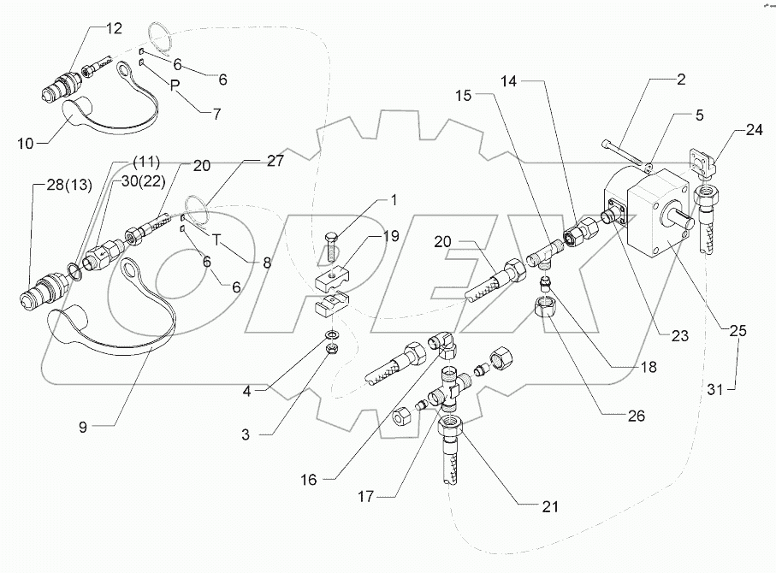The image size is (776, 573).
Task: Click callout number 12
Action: tap(115, 29)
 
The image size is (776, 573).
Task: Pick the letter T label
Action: tap(218, 241)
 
